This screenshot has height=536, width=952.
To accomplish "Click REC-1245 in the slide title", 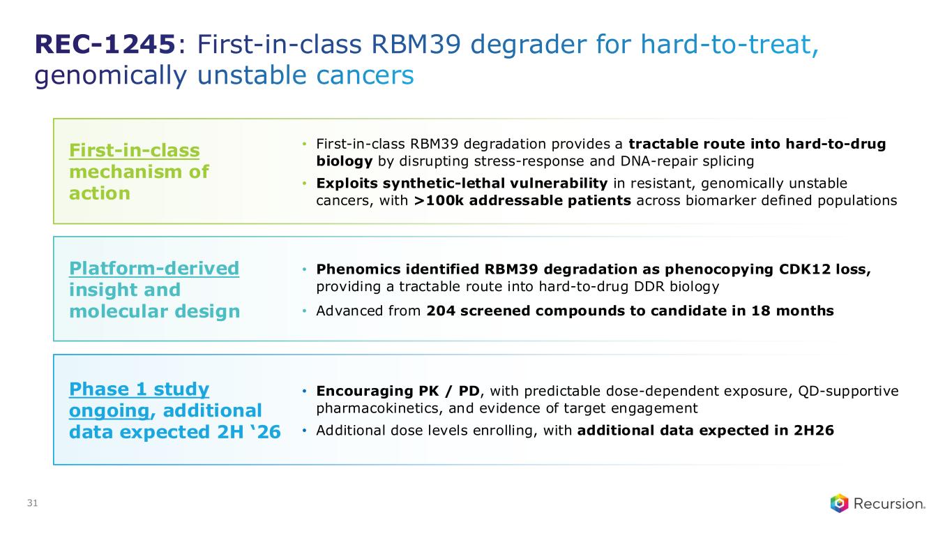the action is [105, 44].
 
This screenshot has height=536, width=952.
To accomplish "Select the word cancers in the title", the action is [365, 75].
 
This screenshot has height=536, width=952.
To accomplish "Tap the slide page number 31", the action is [32, 502].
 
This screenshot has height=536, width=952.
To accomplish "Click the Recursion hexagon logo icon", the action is [839, 503].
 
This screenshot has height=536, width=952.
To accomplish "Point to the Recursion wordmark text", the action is [889, 504].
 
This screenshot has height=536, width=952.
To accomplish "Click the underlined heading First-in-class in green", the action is [135, 150].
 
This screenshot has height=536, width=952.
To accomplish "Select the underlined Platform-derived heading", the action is [154, 269].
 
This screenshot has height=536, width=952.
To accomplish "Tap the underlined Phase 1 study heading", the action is [139, 389].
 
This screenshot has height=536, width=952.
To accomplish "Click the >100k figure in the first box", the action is [439, 200].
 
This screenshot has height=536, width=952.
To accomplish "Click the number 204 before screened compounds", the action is [440, 311].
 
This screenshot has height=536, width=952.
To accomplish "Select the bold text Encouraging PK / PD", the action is [398, 391].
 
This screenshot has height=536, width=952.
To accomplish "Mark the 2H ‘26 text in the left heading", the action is [248, 432].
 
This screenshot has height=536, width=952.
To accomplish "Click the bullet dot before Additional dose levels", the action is [304, 431].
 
